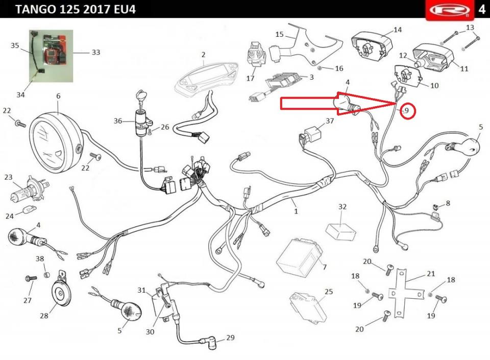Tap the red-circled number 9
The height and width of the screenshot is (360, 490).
(x=407, y=110)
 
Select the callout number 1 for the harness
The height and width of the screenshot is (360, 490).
(x=296, y=211)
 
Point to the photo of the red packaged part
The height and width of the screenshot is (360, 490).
(x=51, y=56)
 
